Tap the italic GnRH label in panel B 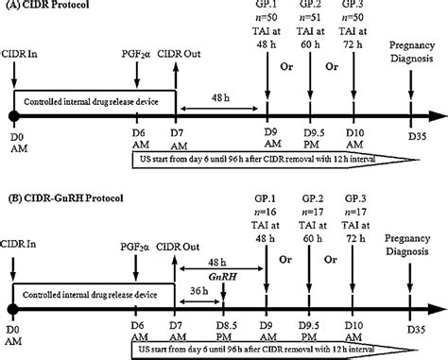click(217, 272)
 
